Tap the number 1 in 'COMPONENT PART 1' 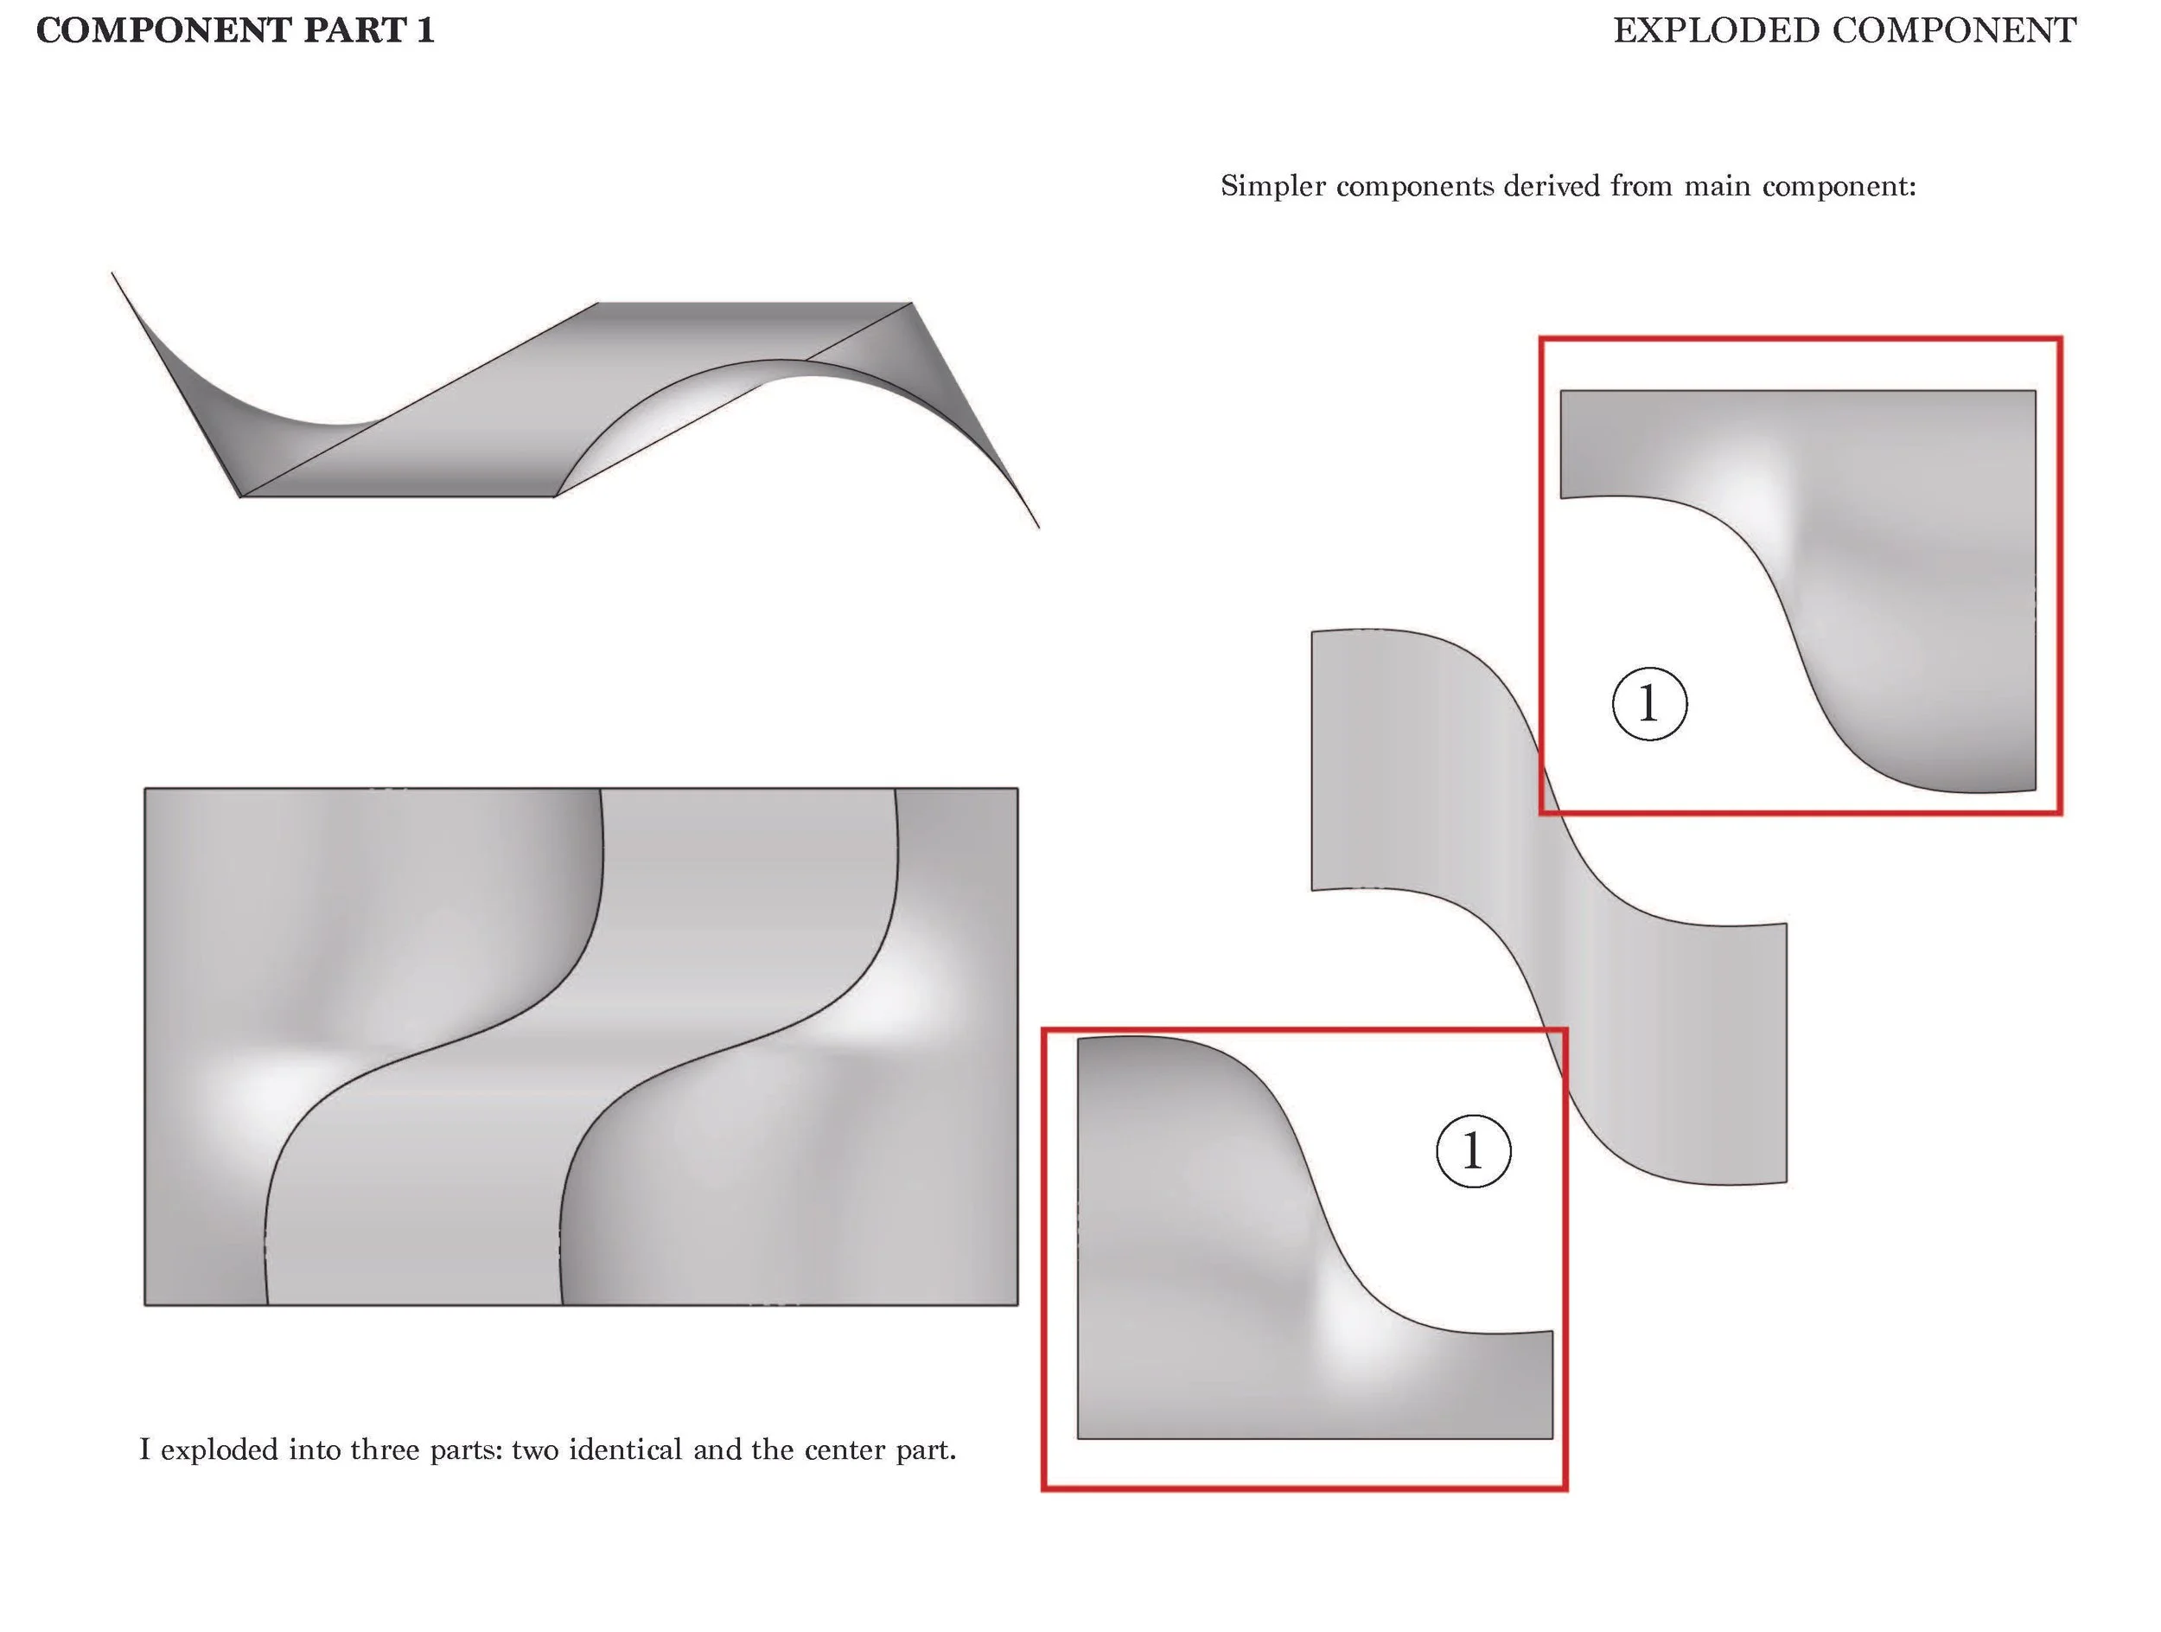click(x=425, y=30)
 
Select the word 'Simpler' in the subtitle click(x=1273, y=186)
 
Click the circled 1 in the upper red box click(x=1649, y=704)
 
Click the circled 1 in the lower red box click(x=1473, y=1150)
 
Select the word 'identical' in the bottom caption click(x=625, y=1450)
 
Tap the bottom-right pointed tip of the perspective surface click(x=1037, y=527)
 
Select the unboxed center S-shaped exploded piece click(x=1563, y=909)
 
